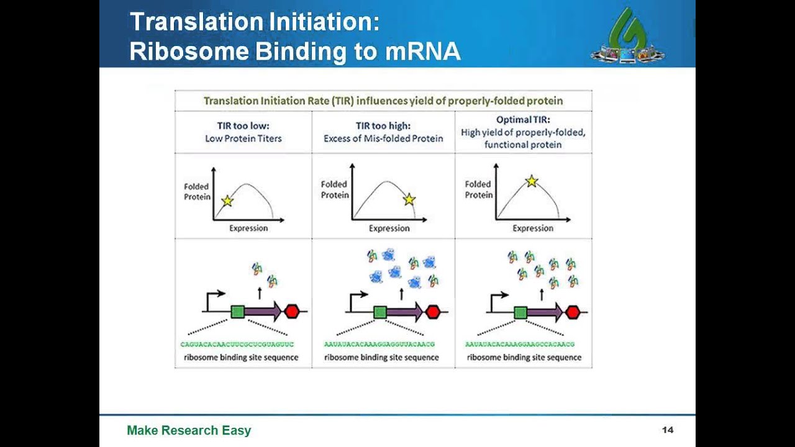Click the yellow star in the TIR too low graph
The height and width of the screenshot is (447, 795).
(227, 201)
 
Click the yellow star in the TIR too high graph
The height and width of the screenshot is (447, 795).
(409, 199)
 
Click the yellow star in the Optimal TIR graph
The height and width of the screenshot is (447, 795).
(532, 181)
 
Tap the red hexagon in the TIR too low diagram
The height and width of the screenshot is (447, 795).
(292, 311)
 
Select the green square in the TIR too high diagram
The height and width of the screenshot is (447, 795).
(380, 312)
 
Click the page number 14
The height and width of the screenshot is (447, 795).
(668, 430)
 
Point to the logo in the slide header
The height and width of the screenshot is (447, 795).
(627, 37)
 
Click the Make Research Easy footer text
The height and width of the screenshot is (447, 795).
(189, 430)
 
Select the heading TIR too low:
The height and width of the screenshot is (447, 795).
(243, 125)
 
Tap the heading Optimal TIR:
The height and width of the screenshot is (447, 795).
(523, 120)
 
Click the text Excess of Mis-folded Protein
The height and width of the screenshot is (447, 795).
(383, 138)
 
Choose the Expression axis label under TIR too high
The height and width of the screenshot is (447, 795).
(389, 228)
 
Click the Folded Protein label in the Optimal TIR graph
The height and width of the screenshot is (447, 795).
(479, 189)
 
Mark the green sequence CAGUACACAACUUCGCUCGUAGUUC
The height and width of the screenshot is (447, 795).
(237, 344)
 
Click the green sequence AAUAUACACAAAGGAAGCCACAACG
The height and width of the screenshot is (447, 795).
(520, 344)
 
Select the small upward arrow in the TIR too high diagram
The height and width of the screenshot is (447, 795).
(402, 294)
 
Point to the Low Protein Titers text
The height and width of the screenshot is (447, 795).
(243, 138)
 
